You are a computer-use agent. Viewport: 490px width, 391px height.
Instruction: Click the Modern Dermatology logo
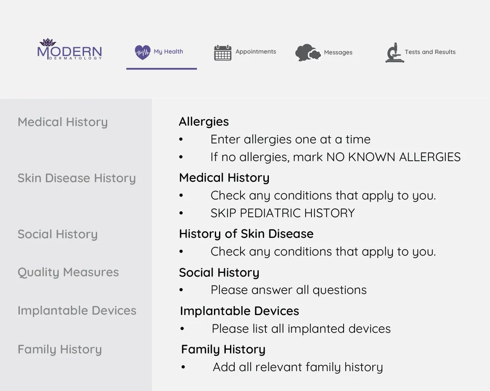pos(70,50)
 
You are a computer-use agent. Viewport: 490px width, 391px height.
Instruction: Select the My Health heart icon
pos(143,52)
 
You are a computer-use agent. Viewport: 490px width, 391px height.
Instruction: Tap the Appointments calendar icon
pos(222,53)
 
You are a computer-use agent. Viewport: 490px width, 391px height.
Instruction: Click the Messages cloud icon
pos(307,53)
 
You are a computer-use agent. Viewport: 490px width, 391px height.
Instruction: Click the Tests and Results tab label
pos(430,52)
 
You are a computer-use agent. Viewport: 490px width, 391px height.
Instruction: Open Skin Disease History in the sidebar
pos(76,178)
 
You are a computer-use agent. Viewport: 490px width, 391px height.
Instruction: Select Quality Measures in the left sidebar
pos(68,272)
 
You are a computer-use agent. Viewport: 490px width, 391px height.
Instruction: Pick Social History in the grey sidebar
pos(57,234)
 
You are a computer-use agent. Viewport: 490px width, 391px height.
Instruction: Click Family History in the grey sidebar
pos(60,349)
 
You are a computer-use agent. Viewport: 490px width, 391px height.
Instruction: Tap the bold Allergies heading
pos(203,121)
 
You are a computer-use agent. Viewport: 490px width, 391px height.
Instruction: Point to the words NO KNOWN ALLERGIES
pos(393,157)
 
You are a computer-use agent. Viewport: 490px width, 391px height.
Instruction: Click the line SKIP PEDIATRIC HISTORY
pos(282,213)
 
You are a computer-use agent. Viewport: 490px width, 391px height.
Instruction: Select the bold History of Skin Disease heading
pos(246,234)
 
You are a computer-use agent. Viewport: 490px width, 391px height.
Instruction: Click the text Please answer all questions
pos(288,290)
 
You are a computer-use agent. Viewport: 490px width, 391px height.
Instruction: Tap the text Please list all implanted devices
pos(301,329)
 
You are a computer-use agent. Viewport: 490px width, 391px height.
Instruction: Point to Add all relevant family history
pos(298,367)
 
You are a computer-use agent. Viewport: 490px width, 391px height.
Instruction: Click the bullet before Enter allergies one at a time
pos(181,140)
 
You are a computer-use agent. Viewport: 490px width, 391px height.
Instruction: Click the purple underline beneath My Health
pos(161,68)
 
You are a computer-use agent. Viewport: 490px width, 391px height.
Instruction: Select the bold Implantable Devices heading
pos(239,311)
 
